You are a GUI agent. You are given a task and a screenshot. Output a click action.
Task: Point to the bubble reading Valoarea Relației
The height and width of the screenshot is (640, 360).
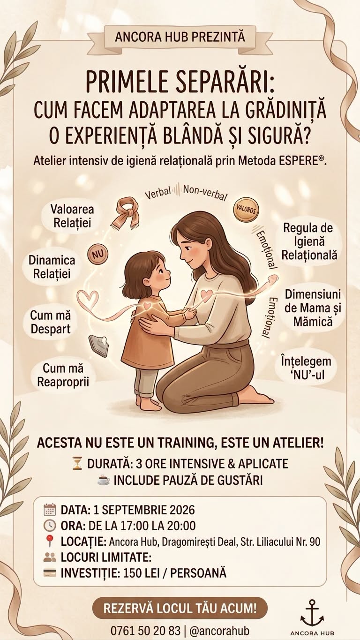coord(72,216)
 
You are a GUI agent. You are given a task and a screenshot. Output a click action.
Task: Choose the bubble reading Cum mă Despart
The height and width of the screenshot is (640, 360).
coord(51,322)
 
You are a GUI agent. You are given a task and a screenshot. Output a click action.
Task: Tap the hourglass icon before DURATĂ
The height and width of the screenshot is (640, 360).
coord(77,464)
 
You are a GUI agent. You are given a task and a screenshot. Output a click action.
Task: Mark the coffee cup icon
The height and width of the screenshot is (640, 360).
coord(104,481)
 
